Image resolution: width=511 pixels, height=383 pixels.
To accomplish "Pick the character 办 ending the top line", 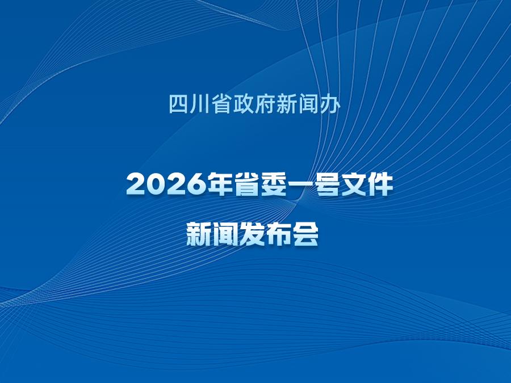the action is pyautogui.click(x=330, y=104).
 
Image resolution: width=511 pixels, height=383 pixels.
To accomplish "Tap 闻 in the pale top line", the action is pyautogui.click(x=308, y=104).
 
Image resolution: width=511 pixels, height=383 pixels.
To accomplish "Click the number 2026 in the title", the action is pyautogui.click(x=167, y=184).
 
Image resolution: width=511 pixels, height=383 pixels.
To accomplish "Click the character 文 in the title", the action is pyautogui.click(x=354, y=184).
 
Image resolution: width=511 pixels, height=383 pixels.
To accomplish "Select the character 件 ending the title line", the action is pyautogui.click(x=380, y=184).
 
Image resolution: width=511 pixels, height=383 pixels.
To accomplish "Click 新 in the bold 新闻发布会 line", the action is pyautogui.click(x=199, y=234).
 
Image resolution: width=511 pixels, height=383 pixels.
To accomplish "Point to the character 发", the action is pyautogui.click(x=252, y=234).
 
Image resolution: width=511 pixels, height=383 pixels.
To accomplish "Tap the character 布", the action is pyautogui.click(x=279, y=234).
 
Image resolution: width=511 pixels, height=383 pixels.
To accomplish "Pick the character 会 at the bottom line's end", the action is pyautogui.click(x=305, y=234).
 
